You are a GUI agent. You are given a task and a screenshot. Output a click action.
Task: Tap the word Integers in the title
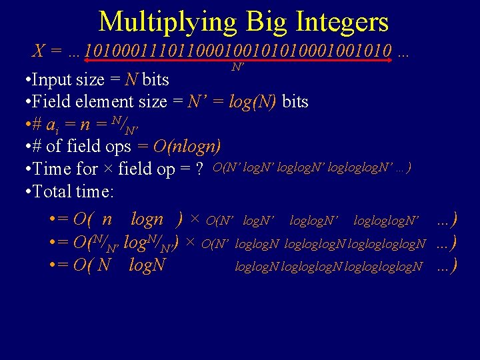344,22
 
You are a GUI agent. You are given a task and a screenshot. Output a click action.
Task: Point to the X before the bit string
39,51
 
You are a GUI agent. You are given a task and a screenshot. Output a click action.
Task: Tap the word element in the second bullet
119,102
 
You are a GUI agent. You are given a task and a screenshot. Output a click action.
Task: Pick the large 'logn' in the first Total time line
147,219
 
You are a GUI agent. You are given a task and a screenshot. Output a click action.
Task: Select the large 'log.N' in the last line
147,266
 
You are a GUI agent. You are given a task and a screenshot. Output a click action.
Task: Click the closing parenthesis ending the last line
454,266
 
